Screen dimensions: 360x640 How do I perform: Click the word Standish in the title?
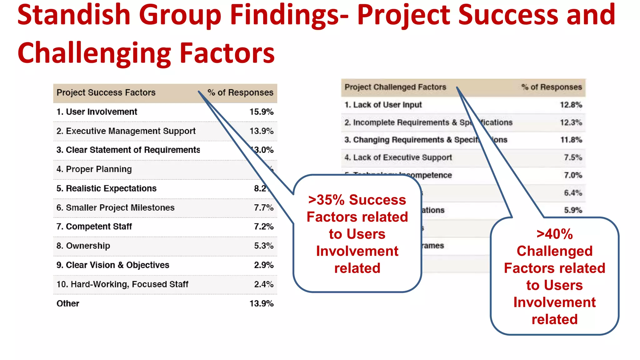[x=73, y=15]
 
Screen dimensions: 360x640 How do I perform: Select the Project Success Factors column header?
[x=106, y=93]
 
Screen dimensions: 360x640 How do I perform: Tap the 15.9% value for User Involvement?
[x=261, y=112]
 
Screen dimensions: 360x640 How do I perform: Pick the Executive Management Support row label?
[x=126, y=131]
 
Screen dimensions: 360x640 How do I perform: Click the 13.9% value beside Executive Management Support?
[x=261, y=131]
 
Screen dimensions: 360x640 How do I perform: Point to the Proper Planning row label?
[x=94, y=169]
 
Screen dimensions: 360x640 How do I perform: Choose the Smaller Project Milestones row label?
[x=115, y=208]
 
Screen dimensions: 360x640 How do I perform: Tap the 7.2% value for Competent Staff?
[x=263, y=227]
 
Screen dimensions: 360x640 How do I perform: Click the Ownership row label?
[x=83, y=246]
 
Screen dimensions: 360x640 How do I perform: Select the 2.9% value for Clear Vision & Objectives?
[x=263, y=265]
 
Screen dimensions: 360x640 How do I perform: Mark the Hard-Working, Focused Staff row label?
[x=122, y=284]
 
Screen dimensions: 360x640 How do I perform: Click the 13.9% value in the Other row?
[x=261, y=303]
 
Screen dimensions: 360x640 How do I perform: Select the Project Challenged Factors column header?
[x=395, y=87]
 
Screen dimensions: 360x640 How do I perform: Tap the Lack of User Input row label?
[x=383, y=105]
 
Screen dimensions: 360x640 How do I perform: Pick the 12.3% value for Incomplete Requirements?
[x=571, y=122]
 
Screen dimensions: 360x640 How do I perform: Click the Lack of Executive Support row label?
[x=398, y=157]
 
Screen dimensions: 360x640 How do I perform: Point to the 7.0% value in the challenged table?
[x=573, y=175]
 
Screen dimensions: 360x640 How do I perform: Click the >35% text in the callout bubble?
[x=326, y=200]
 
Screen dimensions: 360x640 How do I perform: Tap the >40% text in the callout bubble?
[x=554, y=234]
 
